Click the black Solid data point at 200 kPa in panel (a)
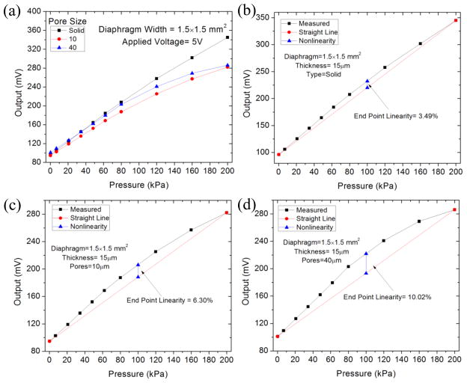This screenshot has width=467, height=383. (x=228, y=37)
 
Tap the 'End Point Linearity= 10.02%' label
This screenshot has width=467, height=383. (x=388, y=297)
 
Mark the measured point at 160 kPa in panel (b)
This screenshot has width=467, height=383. (x=420, y=43)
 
